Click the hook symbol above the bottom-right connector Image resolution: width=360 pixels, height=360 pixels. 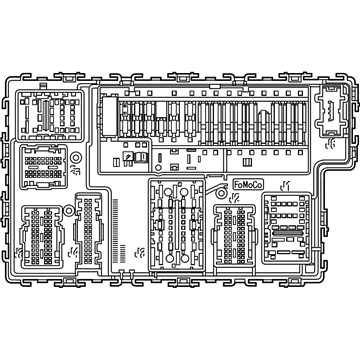point(288,183)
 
